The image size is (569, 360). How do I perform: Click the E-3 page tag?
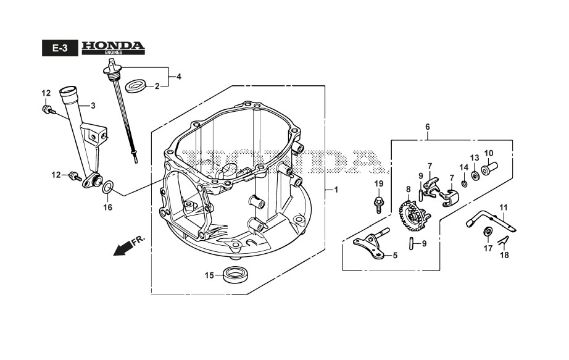click(x=59, y=49)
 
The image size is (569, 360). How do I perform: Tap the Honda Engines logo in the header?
click(x=112, y=48)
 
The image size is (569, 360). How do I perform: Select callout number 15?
click(x=209, y=275)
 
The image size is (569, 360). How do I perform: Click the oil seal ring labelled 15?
click(x=234, y=275)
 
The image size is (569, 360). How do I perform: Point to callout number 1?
click(x=336, y=190)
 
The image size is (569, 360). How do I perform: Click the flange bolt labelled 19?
click(x=378, y=203)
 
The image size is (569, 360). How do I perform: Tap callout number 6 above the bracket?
click(x=427, y=127)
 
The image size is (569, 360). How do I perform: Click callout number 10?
click(x=488, y=153)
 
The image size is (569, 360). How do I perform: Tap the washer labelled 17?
click(x=487, y=232)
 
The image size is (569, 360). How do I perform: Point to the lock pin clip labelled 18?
click(x=503, y=240)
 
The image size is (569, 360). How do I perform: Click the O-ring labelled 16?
click(x=107, y=186)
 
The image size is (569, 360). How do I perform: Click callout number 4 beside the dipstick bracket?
click(x=179, y=77)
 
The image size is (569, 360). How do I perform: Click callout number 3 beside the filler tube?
click(x=93, y=106)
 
